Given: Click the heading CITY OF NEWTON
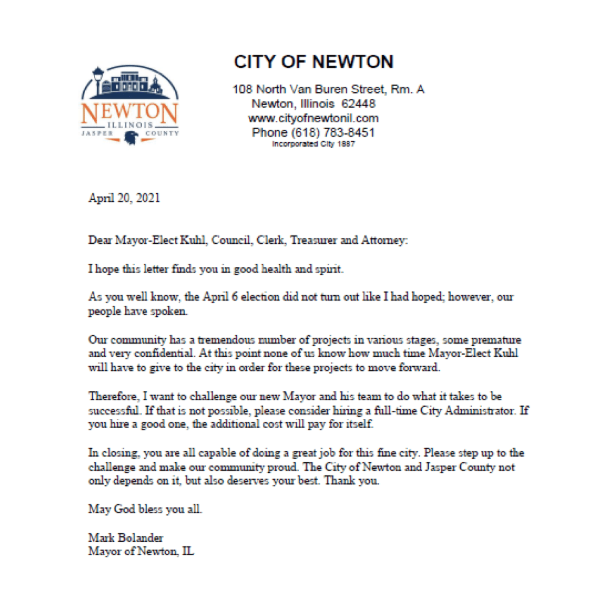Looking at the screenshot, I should pyautogui.click(x=313, y=62).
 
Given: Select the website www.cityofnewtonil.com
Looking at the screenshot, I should pyautogui.click(x=313, y=118).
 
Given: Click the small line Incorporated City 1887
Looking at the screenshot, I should pyautogui.click(x=313, y=144).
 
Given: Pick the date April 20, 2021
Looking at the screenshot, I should pyautogui.click(x=124, y=199).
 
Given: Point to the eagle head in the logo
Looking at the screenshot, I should pyautogui.click(x=130, y=137).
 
